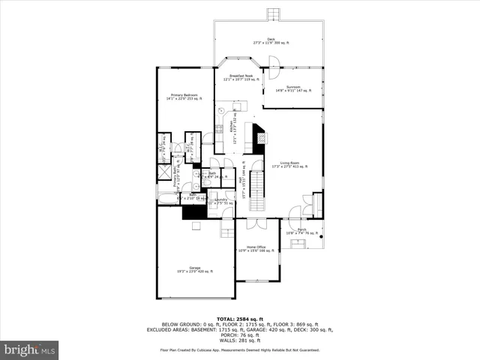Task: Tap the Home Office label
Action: point(256,248)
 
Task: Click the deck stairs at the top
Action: point(271,15)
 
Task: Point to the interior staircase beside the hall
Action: point(256,183)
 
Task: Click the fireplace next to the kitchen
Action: point(259,136)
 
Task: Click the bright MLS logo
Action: point(30,349)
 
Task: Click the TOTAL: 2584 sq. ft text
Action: point(239,319)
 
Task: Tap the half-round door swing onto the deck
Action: point(273,73)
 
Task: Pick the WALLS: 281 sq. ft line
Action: point(239,340)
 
